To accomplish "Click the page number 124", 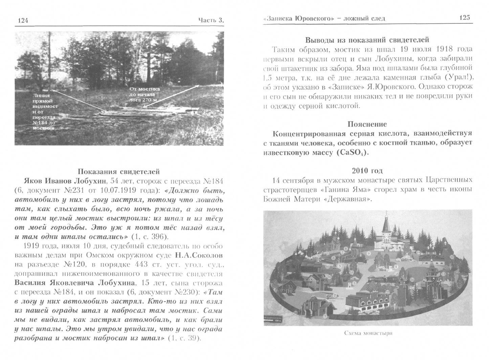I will point(23,21).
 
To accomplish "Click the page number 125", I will point(464,18).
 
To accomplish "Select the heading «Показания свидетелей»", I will point(119,171).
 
